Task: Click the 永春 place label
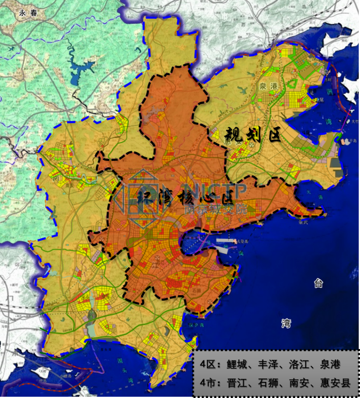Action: coord(28,13)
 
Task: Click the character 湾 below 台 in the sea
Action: coord(286,323)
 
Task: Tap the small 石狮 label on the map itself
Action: coord(198,289)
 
